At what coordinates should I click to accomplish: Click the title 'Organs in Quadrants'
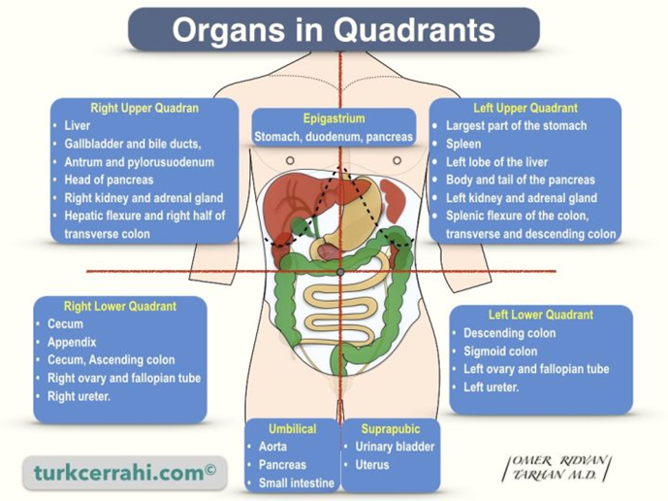(334, 29)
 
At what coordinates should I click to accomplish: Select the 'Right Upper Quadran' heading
(144, 108)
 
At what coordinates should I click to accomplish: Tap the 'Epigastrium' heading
(334, 118)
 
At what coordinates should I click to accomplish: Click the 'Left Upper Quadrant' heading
(525, 108)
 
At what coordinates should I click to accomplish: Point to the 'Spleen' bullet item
(463, 144)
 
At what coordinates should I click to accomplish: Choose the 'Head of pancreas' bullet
(109, 180)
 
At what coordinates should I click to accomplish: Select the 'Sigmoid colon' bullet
(500, 351)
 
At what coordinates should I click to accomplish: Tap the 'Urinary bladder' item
(395, 447)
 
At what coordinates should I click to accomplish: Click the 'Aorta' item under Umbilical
(272, 447)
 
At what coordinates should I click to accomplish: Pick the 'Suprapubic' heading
(391, 429)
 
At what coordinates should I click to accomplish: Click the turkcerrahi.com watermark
(125, 472)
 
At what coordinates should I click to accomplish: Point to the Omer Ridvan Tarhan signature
(557, 468)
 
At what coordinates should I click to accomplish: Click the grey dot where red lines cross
(340, 272)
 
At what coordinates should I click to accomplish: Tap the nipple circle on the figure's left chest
(398, 160)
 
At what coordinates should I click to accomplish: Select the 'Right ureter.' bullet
(79, 396)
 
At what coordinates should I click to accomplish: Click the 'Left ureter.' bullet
(492, 387)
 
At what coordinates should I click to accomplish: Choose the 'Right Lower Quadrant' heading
(119, 306)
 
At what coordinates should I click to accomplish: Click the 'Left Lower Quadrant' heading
(541, 315)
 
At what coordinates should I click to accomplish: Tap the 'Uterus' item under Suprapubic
(372, 464)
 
